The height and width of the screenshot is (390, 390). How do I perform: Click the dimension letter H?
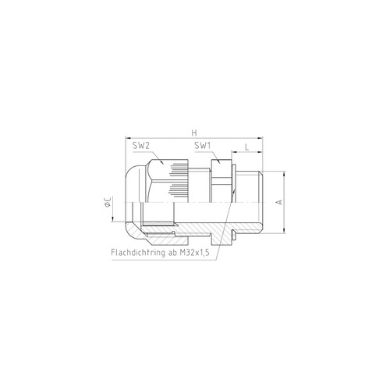pos(194,133)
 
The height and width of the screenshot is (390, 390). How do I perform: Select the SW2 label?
pos(141,146)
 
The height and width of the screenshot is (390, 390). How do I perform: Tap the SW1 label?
pos(203,146)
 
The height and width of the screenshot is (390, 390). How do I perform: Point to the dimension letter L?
pos(246,147)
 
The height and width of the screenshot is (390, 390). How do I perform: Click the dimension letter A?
pos(279,202)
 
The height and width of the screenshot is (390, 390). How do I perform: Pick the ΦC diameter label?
pos(108,202)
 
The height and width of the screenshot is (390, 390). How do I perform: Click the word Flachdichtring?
pos(138,253)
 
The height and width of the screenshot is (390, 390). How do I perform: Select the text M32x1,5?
pos(195,253)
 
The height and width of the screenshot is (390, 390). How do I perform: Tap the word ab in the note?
pos(172,253)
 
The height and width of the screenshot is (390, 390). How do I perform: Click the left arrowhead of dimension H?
pos(128,138)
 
